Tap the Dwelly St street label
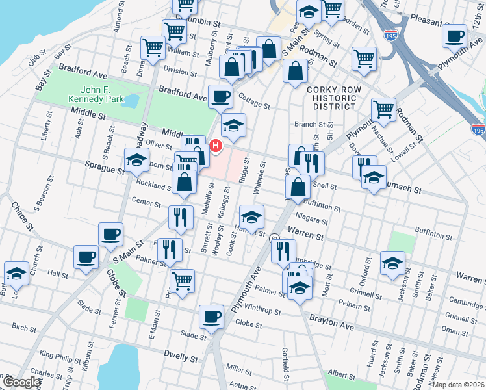coord(181,357)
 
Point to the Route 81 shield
coord(275,239)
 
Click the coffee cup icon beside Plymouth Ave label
coord(454,36)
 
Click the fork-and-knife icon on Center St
coord(180,218)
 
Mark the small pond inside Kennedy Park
coord(130,101)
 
